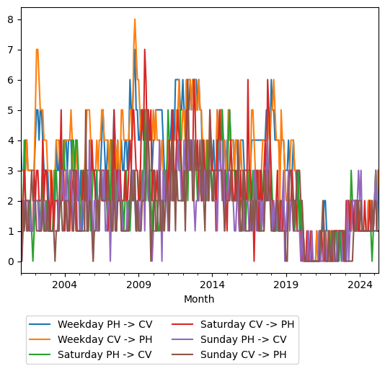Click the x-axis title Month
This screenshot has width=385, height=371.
coord(199,299)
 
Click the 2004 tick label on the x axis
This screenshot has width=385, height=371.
coord(65,285)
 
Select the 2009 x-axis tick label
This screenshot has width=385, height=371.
coord(138,285)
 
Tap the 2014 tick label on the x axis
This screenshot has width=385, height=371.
coord(212,285)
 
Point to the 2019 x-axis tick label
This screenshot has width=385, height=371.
coord(286,285)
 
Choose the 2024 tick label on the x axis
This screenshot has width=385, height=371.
coord(360,285)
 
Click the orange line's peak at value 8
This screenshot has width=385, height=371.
coord(134,19)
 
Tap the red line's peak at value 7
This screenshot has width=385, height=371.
coord(145,50)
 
